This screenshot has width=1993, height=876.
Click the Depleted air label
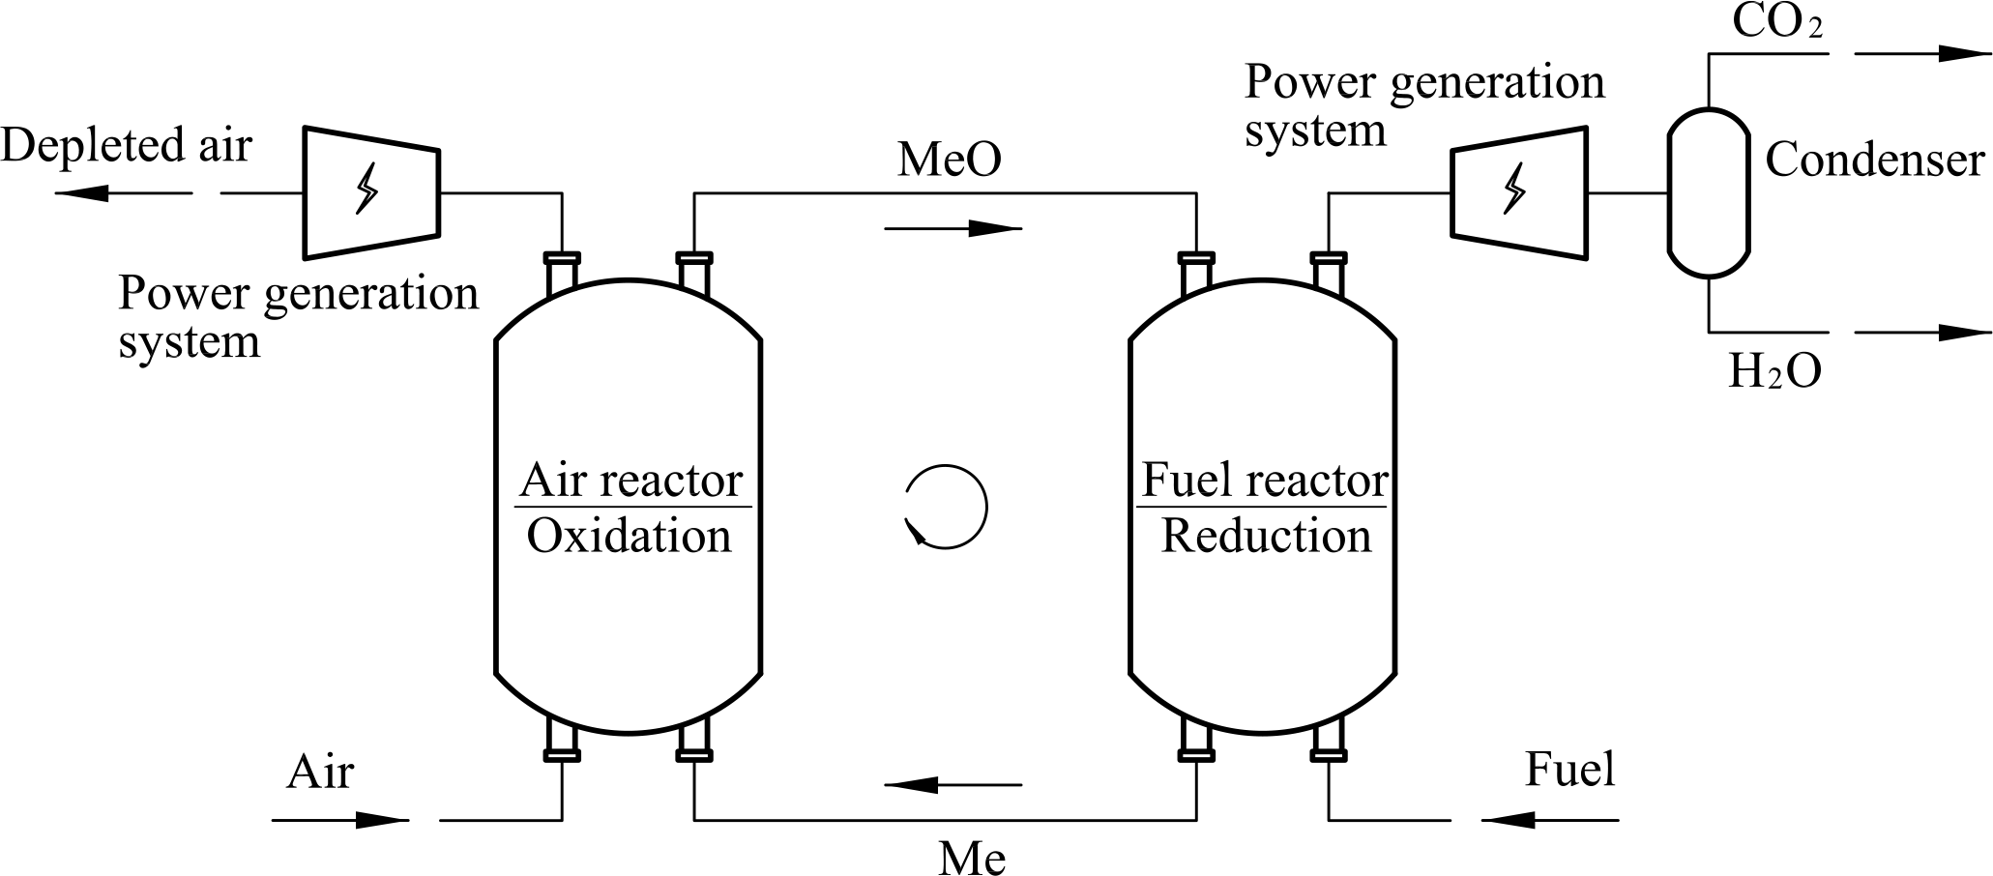126,146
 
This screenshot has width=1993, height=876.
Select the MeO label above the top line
949,160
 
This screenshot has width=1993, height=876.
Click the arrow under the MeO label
953,229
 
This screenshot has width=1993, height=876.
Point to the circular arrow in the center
946,508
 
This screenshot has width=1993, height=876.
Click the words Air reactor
631,480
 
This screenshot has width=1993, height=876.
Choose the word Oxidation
629,536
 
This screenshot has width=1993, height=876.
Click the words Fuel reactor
1264,480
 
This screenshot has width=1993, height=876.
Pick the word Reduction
1266,536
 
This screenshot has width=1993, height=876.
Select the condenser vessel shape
1709,192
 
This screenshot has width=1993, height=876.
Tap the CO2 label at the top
1776,22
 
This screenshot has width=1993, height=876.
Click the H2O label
1774,370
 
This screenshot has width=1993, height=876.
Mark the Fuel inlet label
1569,770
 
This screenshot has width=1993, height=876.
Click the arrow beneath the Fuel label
1548,820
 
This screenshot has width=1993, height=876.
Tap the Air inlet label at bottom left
320,773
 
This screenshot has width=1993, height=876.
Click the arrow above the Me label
953,785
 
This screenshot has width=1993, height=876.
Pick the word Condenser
1874,160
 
